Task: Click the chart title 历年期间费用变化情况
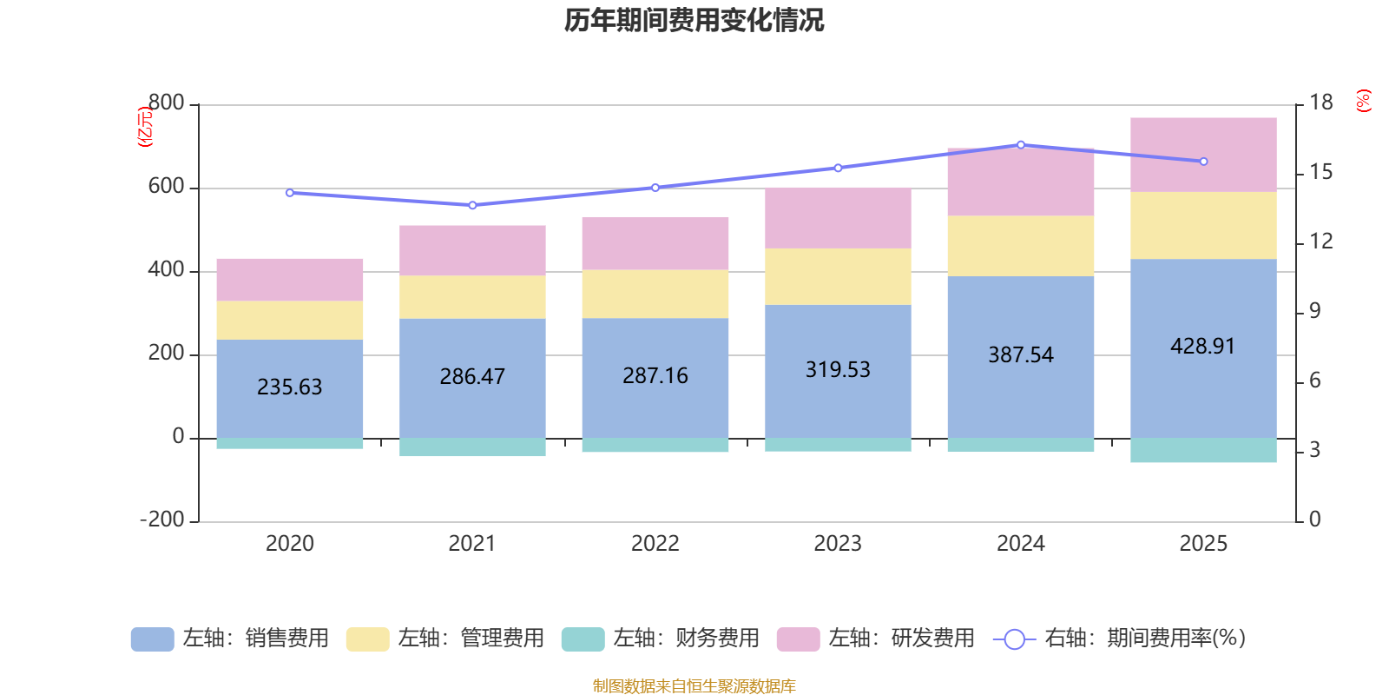pos(694,20)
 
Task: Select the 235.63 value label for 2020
pos(289,387)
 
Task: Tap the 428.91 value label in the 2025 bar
pos(1202,346)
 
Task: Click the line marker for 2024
pos(1021,145)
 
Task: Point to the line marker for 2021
pos(472,205)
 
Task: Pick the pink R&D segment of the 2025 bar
pos(1203,155)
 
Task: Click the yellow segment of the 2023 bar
pos(838,276)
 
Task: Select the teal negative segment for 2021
pos(472,447)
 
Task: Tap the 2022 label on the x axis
pos(655,544)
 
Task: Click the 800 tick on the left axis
pos(166,103)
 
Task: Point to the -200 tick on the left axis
pos(162,520)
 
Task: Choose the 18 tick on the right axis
pos(1321,103)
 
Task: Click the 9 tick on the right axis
pos(1315,311)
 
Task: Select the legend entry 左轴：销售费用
pos(230,639)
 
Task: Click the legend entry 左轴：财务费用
pos(661,639)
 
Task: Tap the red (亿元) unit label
pos(146,128)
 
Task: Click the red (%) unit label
pos(1364,101)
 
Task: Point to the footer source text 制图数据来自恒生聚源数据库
pos(694,686)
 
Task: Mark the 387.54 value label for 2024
pos(1020,354)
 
